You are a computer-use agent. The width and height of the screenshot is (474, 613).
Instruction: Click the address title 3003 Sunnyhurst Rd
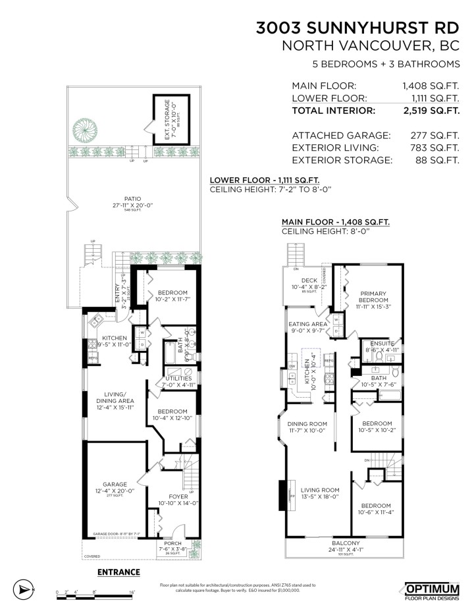[357, 28]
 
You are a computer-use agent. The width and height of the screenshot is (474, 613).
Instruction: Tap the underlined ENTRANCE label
[119, 572]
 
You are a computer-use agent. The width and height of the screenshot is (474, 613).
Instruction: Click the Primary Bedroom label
[373, 298]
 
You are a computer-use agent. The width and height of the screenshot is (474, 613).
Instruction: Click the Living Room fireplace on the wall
[283, 494]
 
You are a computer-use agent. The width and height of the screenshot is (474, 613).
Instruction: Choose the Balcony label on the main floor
[345, 543]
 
